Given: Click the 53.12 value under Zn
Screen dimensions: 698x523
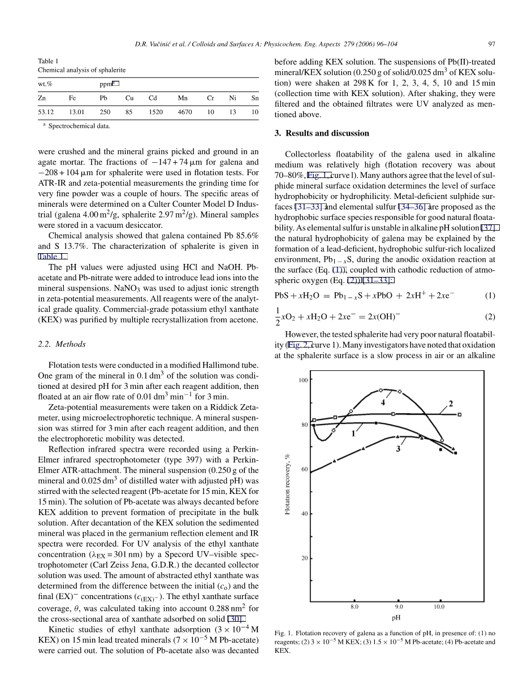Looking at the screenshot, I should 46,112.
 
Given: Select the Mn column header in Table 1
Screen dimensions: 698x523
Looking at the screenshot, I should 183,98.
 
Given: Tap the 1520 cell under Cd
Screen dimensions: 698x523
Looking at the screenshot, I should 155,112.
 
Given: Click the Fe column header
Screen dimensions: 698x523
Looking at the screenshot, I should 72,98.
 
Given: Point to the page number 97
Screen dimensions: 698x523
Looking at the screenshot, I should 491,44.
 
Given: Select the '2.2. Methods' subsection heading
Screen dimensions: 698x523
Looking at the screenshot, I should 63,344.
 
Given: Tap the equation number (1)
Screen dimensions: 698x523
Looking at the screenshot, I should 490,295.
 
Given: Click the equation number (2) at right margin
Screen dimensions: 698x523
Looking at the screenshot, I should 490,317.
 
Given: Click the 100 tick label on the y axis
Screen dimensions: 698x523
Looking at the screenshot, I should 303,380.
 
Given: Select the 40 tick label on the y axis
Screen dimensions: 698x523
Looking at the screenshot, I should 305,514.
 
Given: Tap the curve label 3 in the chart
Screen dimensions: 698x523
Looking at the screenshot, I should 398,449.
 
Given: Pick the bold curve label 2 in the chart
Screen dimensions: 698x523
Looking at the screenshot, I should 451,404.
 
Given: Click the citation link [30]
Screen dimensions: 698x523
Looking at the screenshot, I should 236,619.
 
